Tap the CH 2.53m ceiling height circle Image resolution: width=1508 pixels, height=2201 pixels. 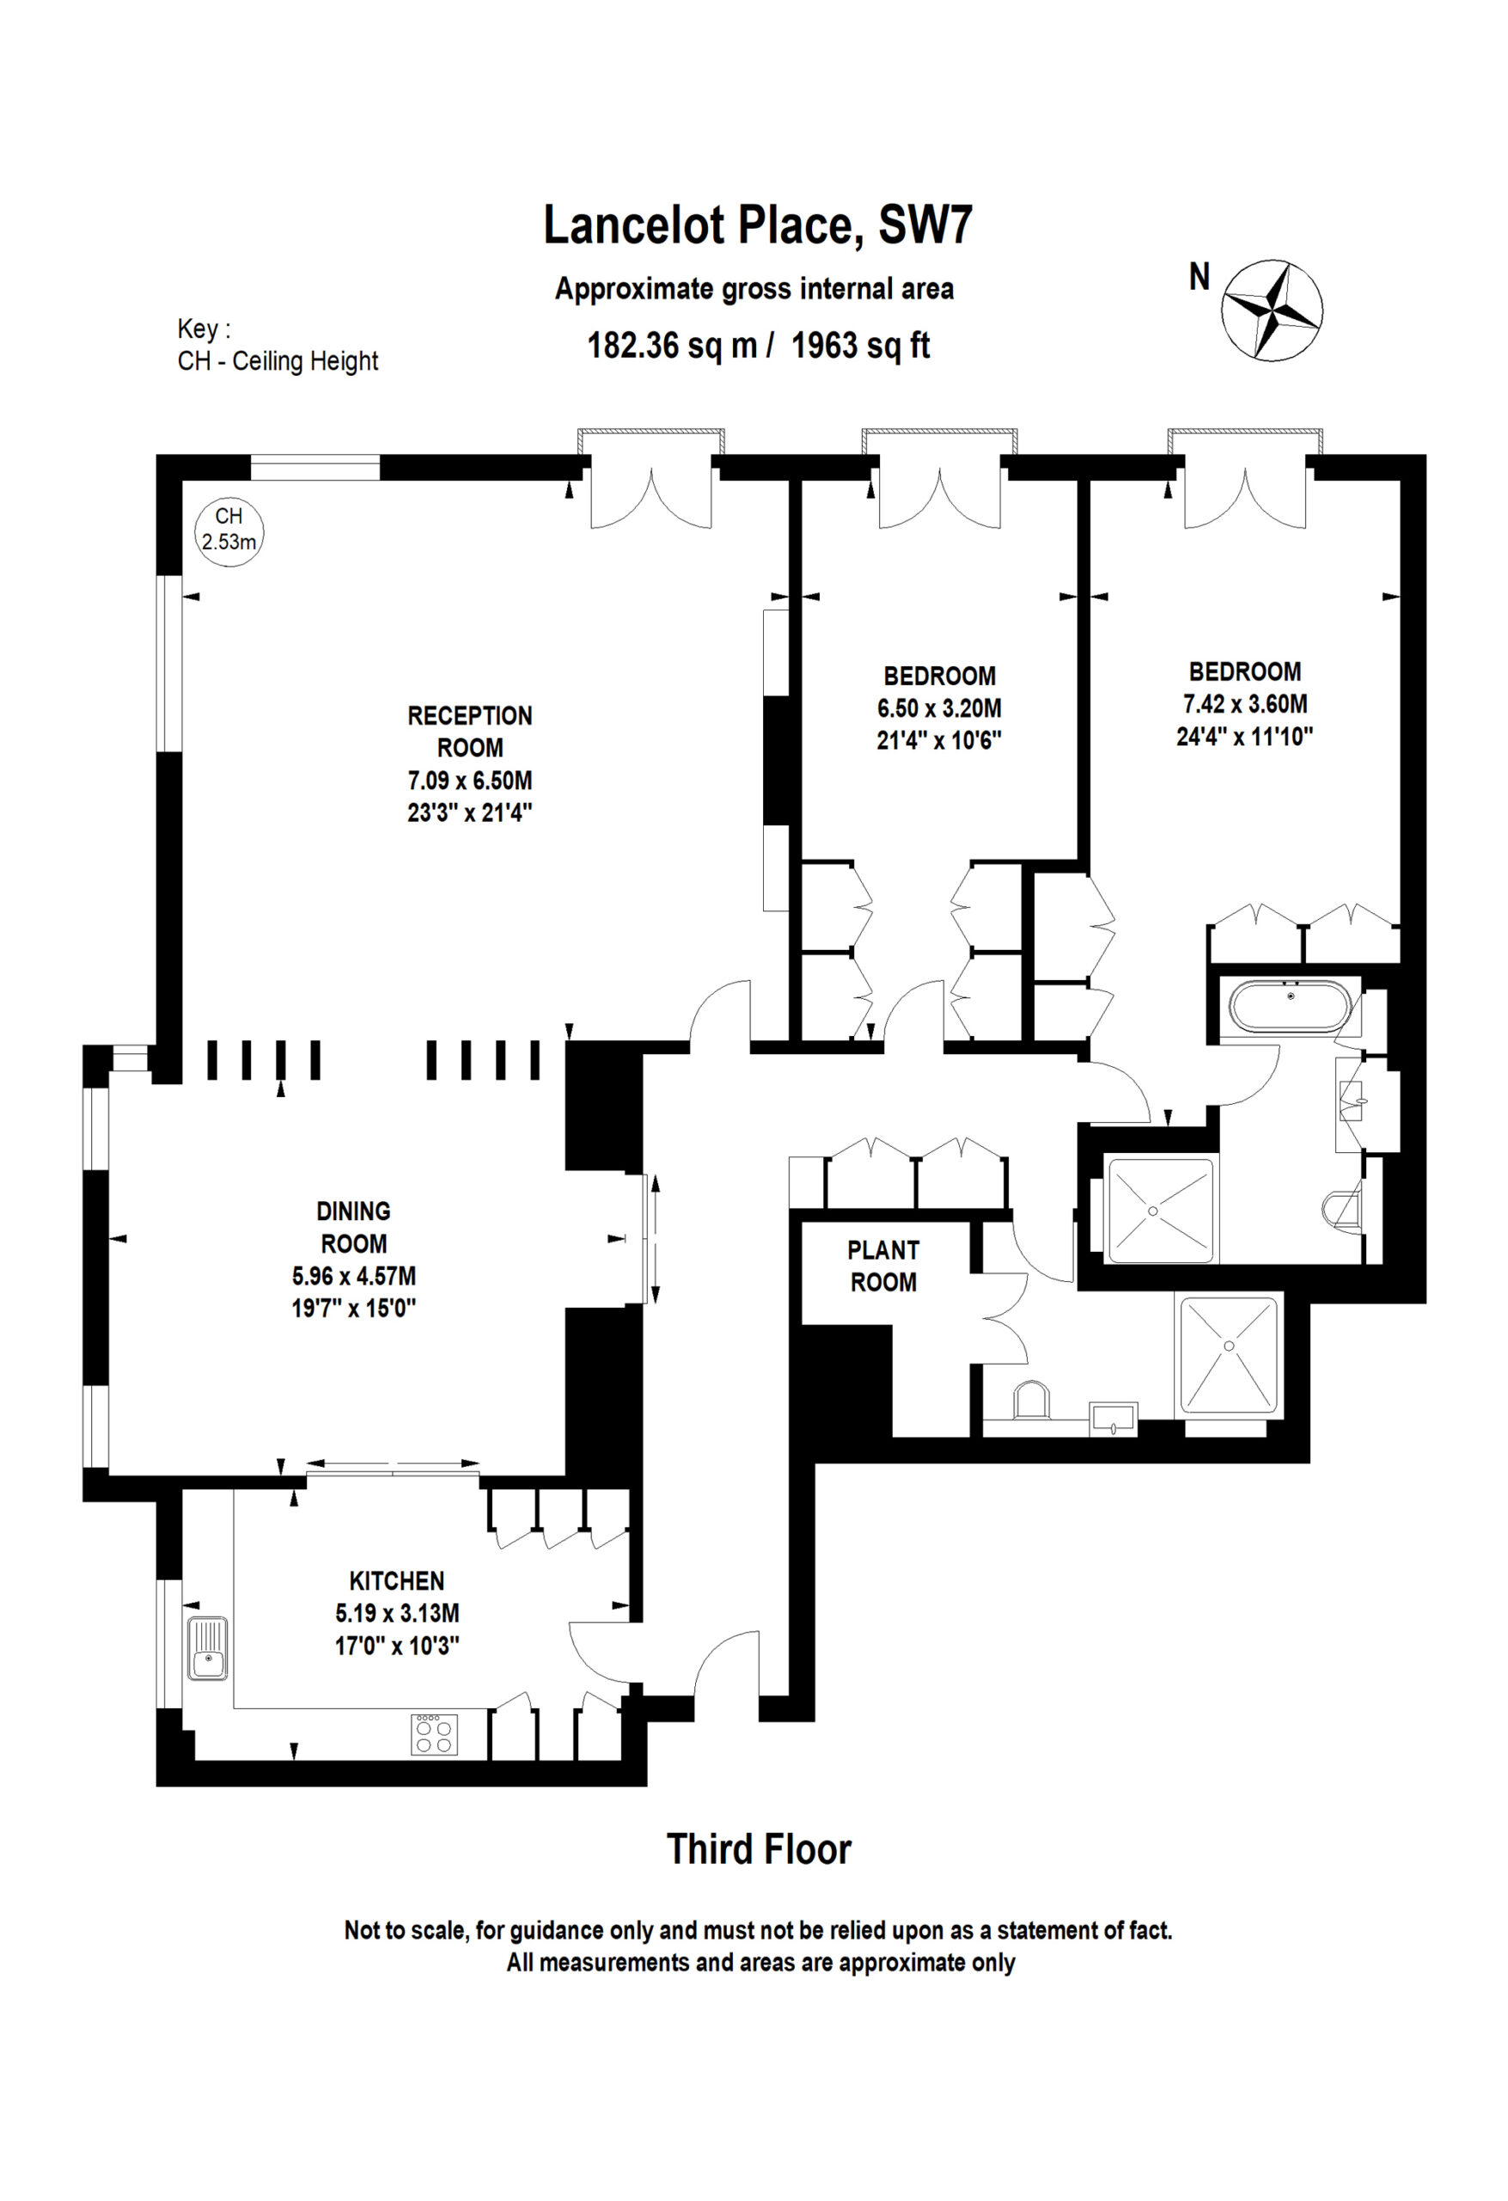pyautogui.click(x=229, y=533)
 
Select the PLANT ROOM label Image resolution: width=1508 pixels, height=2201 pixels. pyautogui.click(x=882, y=1266)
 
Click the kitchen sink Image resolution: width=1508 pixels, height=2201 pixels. pyautogui.click(x=207, y=1648)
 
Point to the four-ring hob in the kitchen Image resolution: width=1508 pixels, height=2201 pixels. pyautogui.click(x=435, y=1734)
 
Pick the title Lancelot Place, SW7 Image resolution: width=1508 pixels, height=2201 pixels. pyautogui.click(x=757, y=225)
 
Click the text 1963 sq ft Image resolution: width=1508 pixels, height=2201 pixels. pyautogui.click(x=860, y=346)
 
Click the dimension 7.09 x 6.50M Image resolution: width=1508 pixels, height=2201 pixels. pyautogui.click(x=469, y=781)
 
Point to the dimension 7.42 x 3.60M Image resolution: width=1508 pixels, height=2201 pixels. pyautogui.click(x=1245, y=703)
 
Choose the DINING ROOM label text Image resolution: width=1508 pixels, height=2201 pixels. pyautogui.click(x=353, y=1228)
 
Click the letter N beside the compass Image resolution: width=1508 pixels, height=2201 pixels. pyautogui.click(x=1200, y=277)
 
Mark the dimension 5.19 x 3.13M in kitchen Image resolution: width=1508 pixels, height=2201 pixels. pyautogui.click(x=397, y=1613)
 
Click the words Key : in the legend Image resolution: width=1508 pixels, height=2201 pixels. pyautogui.click(x=204, y=329)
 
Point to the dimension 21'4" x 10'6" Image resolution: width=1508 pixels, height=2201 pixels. pyautogui.click(x=938, y=739)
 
